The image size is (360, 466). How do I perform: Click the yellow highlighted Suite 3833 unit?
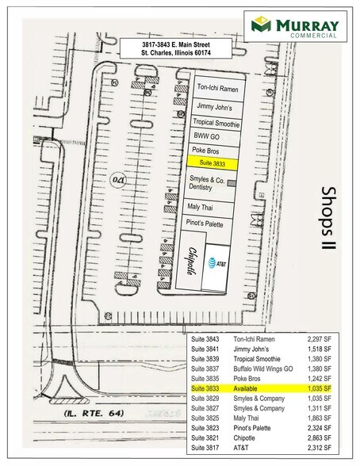[213, 163]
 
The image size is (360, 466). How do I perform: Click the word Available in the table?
[248, 389]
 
